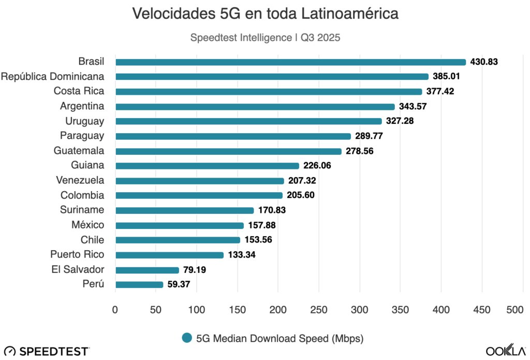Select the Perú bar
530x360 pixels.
pyautogui.click(x=139, y=284)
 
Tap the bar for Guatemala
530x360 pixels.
pyautogui.click(x=228, y=151)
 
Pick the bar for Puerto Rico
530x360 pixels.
pyautogui.click(x=169, y=255)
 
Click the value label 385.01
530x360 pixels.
pyautogui.click(x=447, y=77)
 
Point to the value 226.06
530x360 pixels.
pyautogui.click(x=317, y=166)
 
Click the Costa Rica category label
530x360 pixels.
pyautogui.click(x=79, y=91)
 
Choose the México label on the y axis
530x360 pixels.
pyautogui.click(x=88, y=225)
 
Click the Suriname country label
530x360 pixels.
pyautogui.click(x=82, y=210)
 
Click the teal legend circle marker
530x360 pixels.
pyautogui.click(x=187, y=338)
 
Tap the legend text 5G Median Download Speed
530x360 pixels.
pyautogui.click(x=279, y=339)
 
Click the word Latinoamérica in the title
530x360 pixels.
pyautogui.click(x=340, y=14)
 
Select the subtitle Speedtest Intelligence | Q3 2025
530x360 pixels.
pyautogui.click(x=265, y=38)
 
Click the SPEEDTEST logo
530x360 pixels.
pyautogui.click(x=47, y=352)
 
